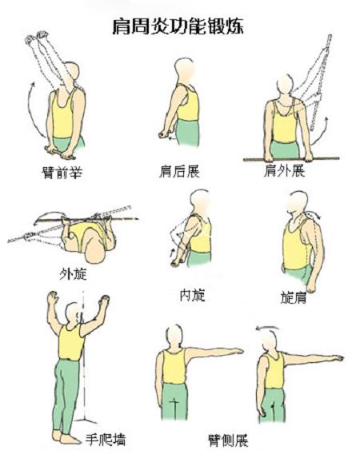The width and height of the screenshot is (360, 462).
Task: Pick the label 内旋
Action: pyautogui.click(x=193, y=295)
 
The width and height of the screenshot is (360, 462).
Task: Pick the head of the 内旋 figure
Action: pyautogui.click(x=201, y=201)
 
